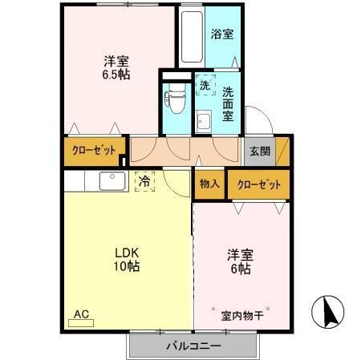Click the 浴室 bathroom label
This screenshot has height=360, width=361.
click(222, 34)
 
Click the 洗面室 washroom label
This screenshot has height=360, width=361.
click(228, 103)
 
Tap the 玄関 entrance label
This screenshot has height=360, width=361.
click(259, 150)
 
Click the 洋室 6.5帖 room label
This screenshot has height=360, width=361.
click(116, 67)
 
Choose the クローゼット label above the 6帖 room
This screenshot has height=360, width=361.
click(258, 184)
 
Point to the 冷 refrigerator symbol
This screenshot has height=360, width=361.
click(144, 182)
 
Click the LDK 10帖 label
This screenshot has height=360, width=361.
click(126, 259)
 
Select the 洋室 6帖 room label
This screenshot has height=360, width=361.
click(240, 261)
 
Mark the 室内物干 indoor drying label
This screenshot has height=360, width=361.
click(243, 315)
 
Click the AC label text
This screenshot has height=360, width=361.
click(81, 314)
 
